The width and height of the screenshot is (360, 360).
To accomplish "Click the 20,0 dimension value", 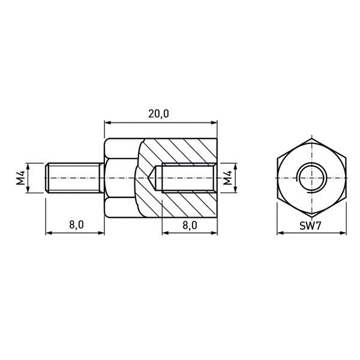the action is pyautogui.click(x=158, y=114).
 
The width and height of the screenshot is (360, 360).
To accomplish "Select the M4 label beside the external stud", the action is pyautogui.click(x=20, y=178).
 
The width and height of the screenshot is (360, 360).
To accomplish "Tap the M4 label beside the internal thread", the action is pyautogui.click(x=227, y=178).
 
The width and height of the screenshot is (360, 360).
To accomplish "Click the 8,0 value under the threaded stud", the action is pyautogui.click(x=76, y=225).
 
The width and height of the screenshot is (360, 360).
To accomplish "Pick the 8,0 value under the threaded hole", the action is pyautogui.click(x=190, y=225).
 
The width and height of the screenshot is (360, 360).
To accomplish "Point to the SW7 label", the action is pyautogui.click(x=310, y=226).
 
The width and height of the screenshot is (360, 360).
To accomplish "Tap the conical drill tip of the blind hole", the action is pyautogui.click(x=152, y=178).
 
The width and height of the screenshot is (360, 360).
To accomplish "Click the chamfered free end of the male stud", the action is pyautogui.click(x=47, y=178).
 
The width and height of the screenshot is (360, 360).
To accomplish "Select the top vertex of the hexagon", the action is pyautogui.click(x=311, y=139).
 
